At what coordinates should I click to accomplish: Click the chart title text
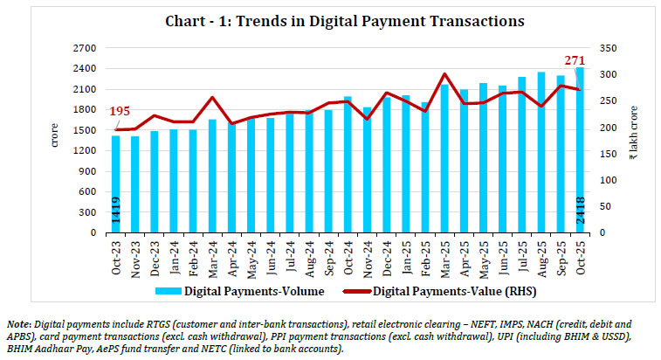click(331, 19)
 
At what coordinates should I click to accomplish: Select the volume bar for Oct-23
click(116, 183)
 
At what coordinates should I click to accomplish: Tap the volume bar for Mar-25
click(444, 157)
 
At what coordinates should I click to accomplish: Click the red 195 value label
click(120, 112)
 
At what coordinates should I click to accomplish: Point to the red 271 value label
click(574, 59)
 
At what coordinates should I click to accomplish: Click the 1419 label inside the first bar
click(116, 213)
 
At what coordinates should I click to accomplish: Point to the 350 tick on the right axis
click(602, 47)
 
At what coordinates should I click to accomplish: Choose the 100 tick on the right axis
click(602, 180)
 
